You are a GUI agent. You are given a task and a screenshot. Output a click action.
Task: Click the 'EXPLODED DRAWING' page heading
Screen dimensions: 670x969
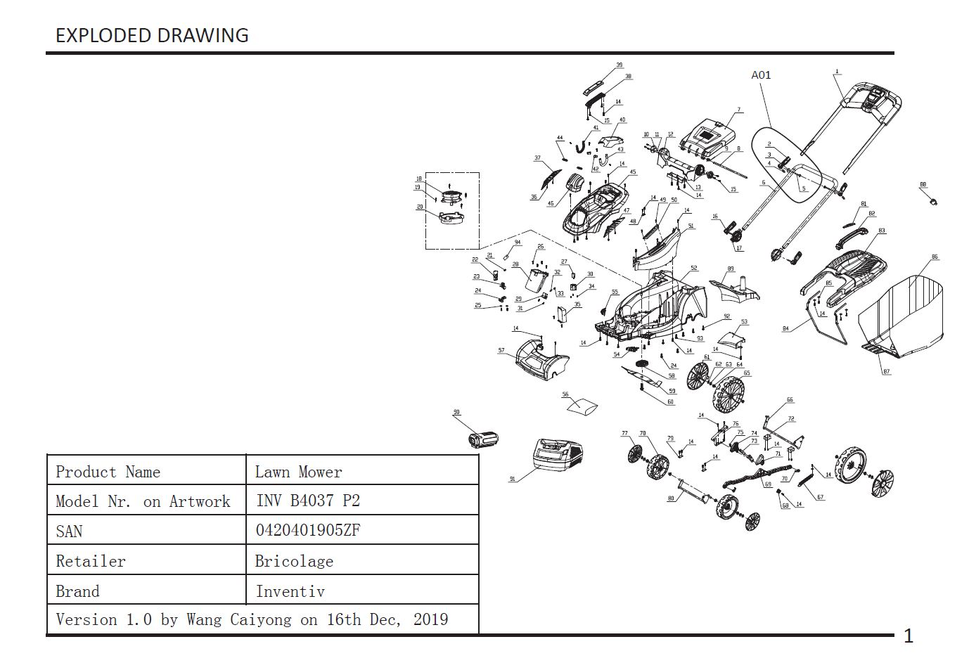152,35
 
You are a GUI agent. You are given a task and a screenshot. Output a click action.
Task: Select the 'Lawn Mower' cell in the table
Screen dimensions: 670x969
298,472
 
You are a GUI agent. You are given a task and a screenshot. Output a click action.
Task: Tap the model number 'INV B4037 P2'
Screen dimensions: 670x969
308,501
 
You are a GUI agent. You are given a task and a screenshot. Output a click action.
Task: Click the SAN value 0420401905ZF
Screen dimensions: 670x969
308,530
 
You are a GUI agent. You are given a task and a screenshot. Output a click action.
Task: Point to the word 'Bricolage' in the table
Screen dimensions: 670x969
294,561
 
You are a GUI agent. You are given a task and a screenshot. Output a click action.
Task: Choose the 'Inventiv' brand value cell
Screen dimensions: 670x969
290,591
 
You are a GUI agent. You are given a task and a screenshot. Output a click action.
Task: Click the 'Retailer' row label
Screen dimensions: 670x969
91,561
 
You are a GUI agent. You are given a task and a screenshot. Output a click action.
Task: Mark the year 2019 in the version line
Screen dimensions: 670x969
430,619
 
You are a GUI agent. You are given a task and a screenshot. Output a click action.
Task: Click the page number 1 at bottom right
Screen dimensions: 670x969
908,636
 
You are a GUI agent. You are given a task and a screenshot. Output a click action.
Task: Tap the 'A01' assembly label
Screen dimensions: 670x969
761,75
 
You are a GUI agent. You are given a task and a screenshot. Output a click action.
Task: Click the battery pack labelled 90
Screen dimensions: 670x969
484,440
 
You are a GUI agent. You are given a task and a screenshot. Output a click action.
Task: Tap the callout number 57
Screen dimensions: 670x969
501,350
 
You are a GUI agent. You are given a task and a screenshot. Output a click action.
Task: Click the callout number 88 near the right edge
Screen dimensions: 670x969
923,185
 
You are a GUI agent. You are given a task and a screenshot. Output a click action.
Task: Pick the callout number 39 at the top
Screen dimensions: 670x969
619,65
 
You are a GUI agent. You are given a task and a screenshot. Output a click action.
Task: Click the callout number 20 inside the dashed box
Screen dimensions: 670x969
420,207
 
